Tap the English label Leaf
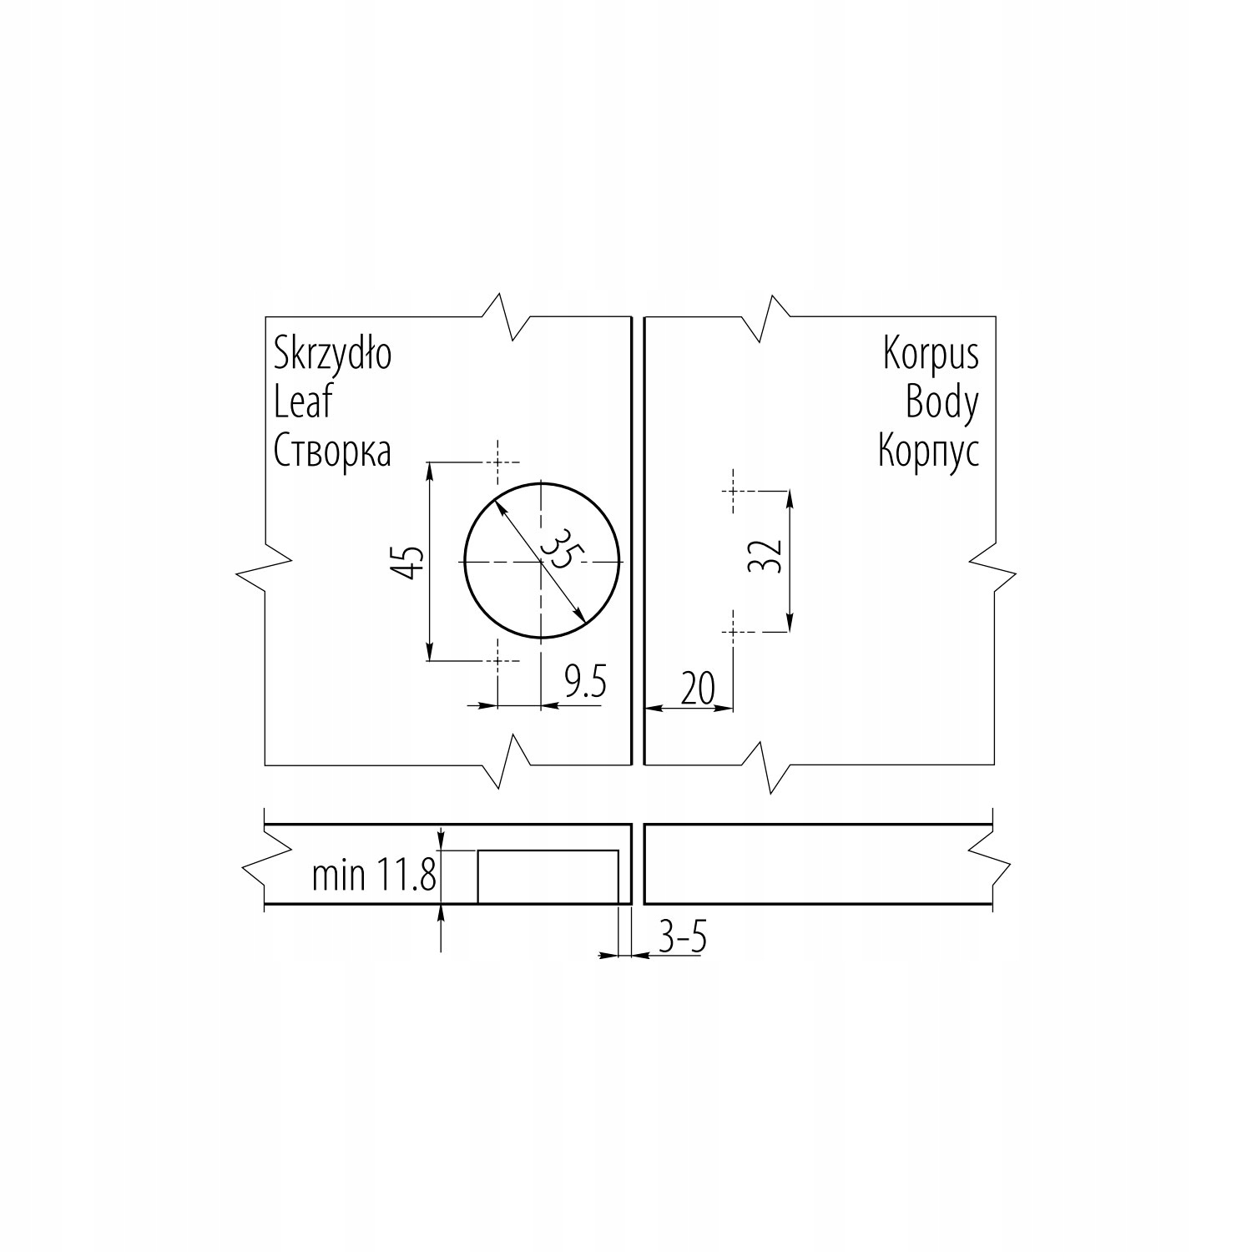(x=303, y=402)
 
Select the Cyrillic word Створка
(x=332, y=452)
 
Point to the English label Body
(x=942, y=404)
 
